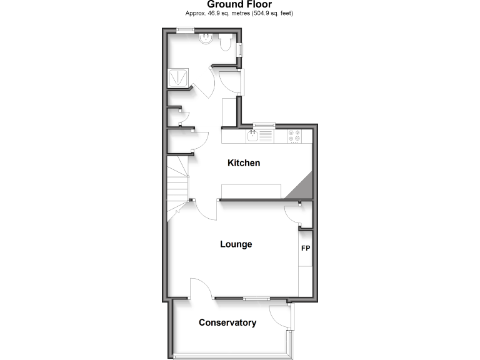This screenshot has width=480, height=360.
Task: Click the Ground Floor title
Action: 239,5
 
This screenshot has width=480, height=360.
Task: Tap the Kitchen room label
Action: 243,163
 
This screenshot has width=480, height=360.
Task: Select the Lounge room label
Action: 236,244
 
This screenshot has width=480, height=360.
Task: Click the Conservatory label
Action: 227,322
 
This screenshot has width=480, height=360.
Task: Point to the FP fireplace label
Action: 306,249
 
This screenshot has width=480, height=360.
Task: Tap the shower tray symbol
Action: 177,77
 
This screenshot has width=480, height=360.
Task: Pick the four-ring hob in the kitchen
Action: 294,136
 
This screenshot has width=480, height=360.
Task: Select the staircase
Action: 177,181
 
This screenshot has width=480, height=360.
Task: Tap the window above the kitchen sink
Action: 263,125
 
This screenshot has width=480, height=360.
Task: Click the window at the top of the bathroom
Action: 184,30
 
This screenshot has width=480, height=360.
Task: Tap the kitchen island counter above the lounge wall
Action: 252,191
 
